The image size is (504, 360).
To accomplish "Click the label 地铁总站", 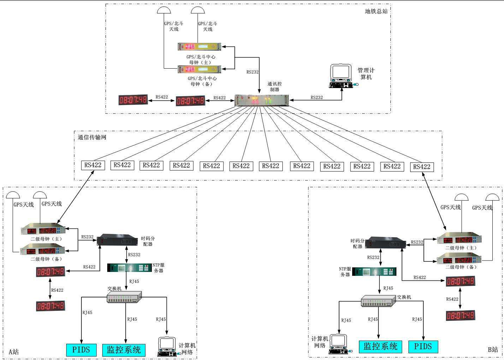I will pos(376,11).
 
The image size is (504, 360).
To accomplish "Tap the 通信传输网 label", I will pos(92,137).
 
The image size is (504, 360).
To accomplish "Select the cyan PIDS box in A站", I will pos(81,350).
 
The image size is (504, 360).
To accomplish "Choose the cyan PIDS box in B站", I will pos(423,347).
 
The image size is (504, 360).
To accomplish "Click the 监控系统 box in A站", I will pos(124,350).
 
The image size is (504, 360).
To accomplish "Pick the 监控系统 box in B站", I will pos(380,347).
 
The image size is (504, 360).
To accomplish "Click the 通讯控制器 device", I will pos(262,100).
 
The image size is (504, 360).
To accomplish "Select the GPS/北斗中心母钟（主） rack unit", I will pos(199,47).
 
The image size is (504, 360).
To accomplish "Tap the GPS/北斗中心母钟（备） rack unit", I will pos(199,69).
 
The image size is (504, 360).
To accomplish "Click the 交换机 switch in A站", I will pos(124,297).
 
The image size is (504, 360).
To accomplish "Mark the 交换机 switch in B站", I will pos(378,301).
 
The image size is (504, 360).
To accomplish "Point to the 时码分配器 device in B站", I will pos(385,243).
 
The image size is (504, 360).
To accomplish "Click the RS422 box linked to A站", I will pos(93,165).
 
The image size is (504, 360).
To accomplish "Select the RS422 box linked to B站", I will pos(422,167).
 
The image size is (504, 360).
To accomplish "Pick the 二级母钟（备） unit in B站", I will pos(459,260).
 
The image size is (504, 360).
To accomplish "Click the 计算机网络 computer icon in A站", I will pos(167,347).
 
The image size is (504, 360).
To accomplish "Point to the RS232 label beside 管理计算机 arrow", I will pos(316,97).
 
